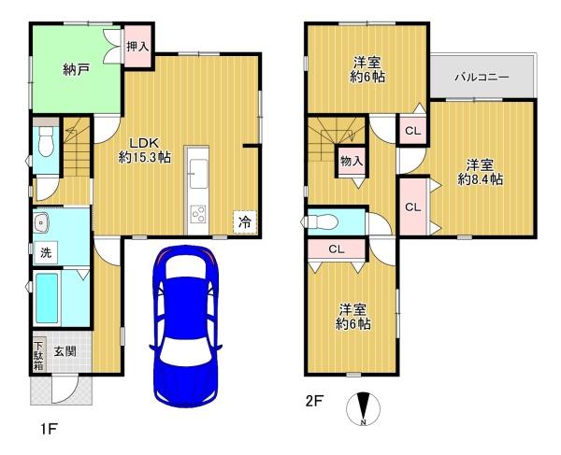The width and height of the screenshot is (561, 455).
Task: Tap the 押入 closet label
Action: [137, 47]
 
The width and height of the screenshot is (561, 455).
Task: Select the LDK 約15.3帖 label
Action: [144, 150]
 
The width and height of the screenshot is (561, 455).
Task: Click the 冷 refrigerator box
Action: [245, 222]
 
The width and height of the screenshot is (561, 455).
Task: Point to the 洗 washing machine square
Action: [46, 253]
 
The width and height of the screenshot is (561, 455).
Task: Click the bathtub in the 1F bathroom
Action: [47, 298]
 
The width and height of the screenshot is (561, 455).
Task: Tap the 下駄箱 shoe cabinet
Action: [38, 355]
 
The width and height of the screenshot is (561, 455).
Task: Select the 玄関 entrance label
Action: [65, 351]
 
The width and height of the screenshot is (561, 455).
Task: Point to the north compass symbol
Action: [363, 409]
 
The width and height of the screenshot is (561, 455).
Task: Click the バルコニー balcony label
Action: [482, 78]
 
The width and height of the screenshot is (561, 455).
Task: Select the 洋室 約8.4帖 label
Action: [481, 172]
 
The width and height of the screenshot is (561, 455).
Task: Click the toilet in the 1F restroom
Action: [46, 141]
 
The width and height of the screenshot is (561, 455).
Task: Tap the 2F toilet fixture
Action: [322, 222]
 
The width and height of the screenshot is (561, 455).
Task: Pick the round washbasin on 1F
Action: [42, 222]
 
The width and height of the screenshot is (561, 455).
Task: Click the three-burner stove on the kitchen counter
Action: [198, 214]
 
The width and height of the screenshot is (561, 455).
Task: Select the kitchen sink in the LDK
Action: [198, 174]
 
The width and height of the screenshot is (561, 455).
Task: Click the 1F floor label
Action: [49, 429]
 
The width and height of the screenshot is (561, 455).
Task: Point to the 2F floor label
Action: [315, 401]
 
